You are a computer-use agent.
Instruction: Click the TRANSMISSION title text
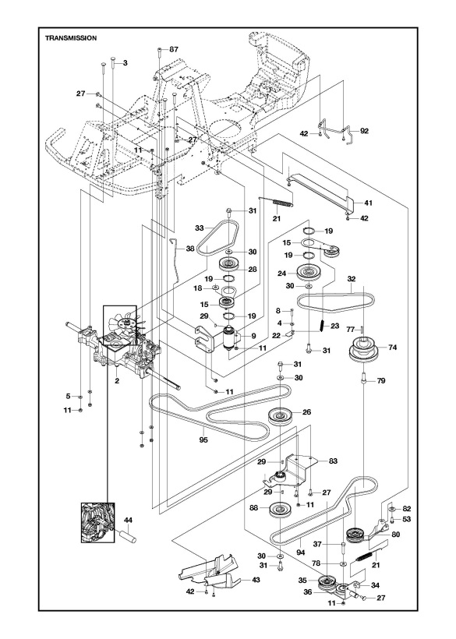(x=71, y=37)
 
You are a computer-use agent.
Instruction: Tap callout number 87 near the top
(x=173, y=49)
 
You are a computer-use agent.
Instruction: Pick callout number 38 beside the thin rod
(x=190, y=249)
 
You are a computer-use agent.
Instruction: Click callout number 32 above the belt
(x=352, y=278)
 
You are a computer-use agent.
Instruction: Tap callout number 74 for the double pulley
(x=393, y=348)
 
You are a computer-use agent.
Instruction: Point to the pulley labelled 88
(x=277, y=511)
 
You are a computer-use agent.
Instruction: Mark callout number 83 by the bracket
(x=333, y=461)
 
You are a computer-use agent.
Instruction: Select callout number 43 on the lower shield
(x=235, y=581)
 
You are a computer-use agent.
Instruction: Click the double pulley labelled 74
(x=362, y=351)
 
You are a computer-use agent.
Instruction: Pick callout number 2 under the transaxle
(x=115, y=382)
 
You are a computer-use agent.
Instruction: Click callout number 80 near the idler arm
(x=396, y=535)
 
